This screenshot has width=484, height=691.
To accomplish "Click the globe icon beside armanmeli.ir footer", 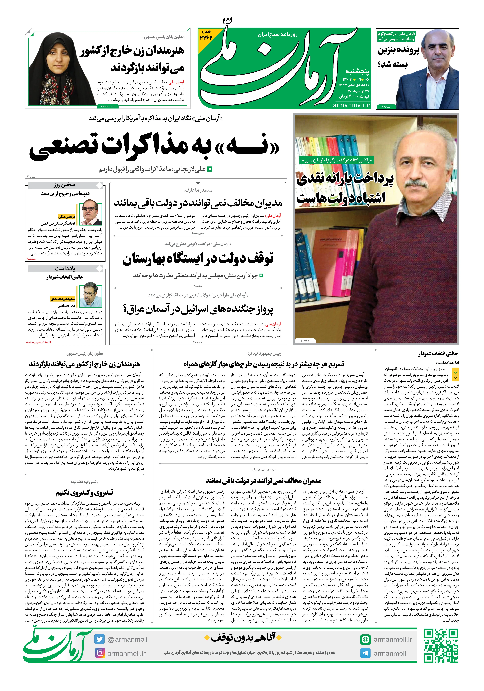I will [x=365, y=639].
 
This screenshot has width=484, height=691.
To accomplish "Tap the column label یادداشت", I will [x=65, y=268].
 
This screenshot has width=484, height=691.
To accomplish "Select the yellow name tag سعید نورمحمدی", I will [x=63, y=299].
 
